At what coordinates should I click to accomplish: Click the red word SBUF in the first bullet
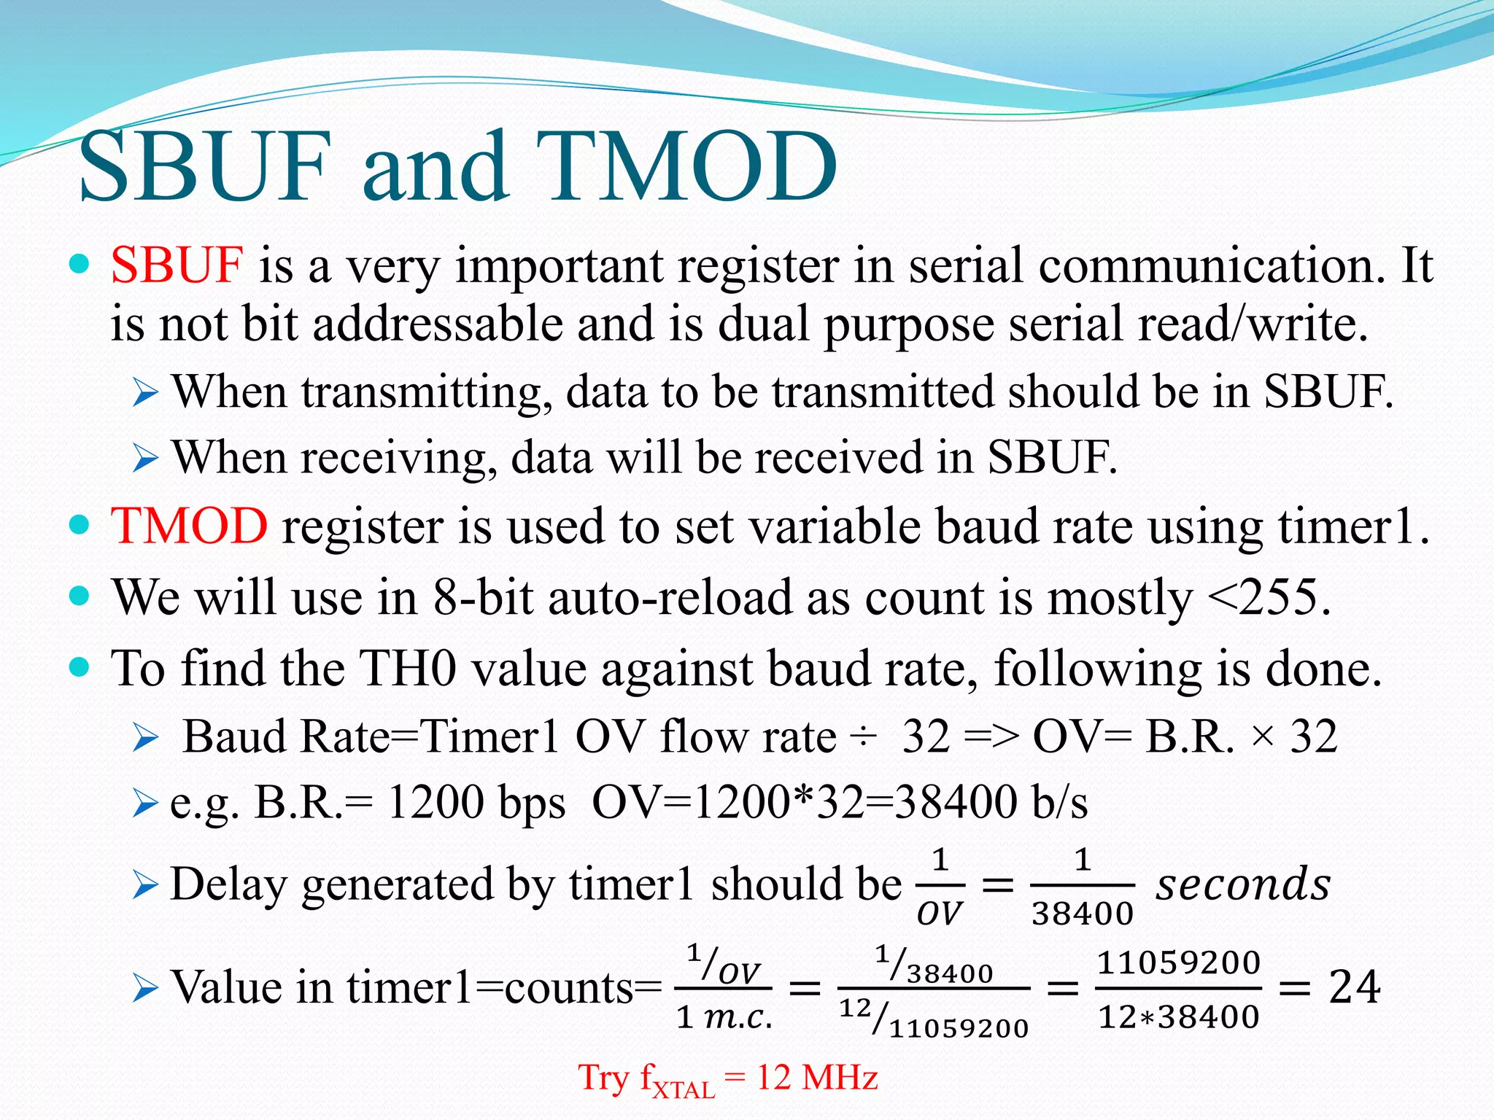pos(177,265)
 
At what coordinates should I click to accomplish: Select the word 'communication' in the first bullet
pos(1211,265)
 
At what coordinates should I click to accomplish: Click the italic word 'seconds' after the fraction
pos(1243,884)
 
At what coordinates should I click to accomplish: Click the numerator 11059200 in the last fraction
pos(1179,962)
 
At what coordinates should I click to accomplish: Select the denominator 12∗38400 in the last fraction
pos(1179,1016)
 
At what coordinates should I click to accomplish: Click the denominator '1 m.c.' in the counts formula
pos(724,1016)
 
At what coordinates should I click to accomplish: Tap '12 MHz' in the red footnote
pos(817,1078)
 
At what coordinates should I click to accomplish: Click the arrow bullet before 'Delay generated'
pos(146,886)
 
